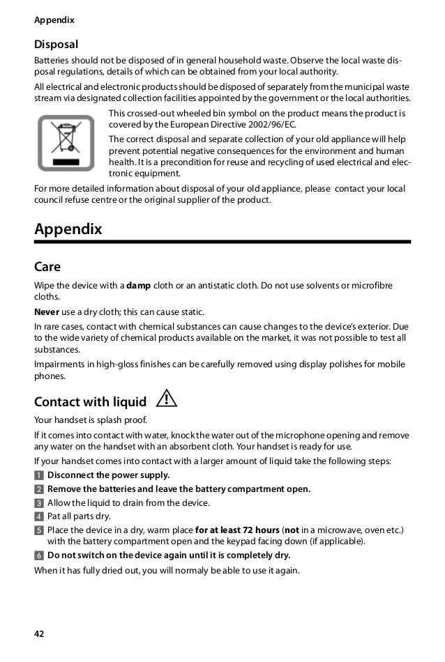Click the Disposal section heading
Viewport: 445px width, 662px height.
(56, 45)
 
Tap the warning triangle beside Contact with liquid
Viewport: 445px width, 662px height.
(167, 400)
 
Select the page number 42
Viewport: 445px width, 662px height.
(39, 633)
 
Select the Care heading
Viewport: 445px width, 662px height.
(47, 267)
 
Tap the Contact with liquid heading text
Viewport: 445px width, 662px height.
(91, 402)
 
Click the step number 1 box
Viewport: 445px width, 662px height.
(38, 475)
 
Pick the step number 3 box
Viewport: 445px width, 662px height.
(38, 503)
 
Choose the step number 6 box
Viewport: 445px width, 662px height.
(38, 555)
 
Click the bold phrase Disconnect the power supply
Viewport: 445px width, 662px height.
(108, 475)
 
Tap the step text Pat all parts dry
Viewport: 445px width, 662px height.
(79, 516)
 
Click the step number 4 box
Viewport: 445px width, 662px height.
(38, 516)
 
